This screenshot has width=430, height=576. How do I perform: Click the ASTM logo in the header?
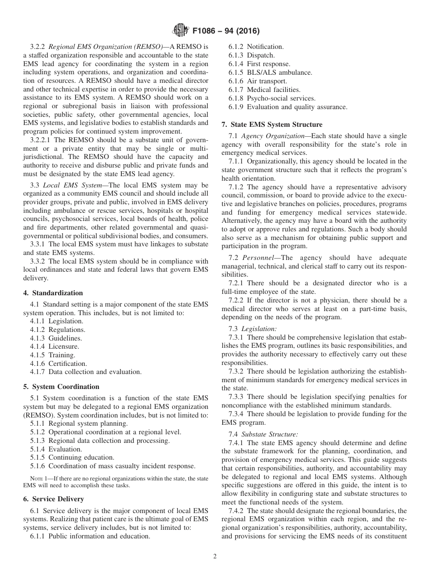coord(181,31)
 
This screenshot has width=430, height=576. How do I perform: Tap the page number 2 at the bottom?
coord(215,556)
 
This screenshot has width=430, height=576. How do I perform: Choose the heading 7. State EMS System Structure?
coord(272,125)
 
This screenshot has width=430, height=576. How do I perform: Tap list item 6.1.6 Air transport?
coord(258,81)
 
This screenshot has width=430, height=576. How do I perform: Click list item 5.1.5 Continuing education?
coord(72,457)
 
